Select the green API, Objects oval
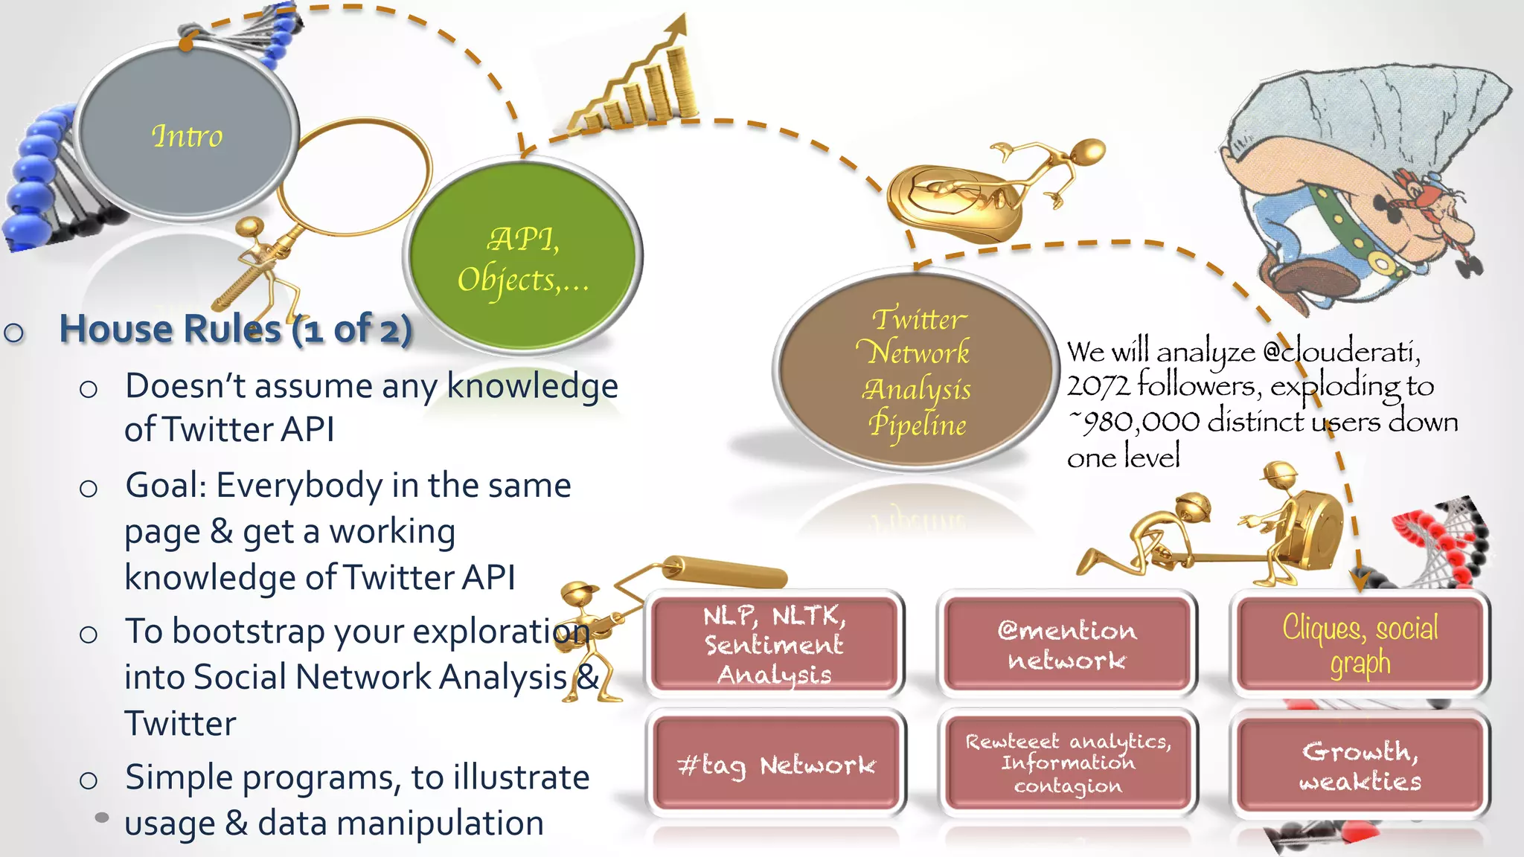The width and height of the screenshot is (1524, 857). [x=523, y=257]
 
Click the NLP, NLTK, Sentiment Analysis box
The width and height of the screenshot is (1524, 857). [x=775, y=644]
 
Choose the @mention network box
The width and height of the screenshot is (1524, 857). [x=1067, y=644]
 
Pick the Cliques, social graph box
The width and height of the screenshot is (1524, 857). [x=1360, y=644]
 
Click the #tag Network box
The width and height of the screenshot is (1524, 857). [x=776, y=764]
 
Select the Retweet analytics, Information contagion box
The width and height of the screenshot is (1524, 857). [x=1068, y=763]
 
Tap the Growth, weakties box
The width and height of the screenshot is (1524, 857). [x=1360, y=764]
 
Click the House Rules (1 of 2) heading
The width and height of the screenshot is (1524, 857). [x=235, y=329]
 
